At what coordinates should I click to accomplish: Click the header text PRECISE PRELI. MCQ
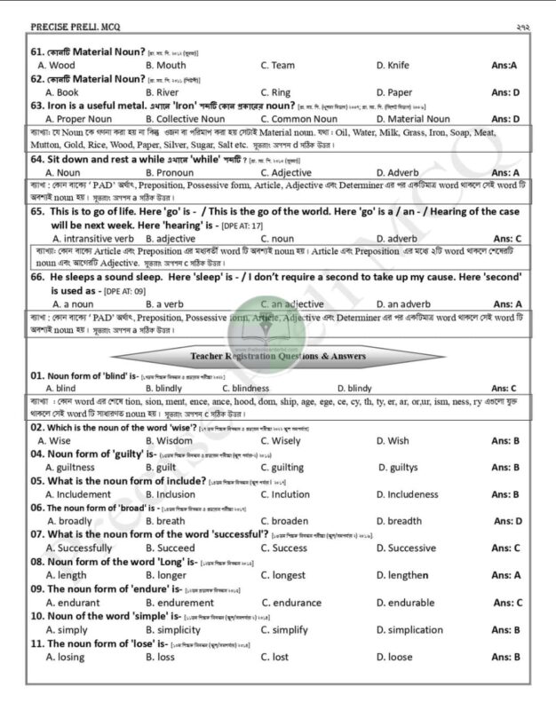coord(69,28)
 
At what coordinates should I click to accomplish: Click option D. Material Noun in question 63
coord(413,119)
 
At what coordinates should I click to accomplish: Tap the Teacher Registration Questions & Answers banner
coord(278,357)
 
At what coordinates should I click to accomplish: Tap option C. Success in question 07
coord(283,548)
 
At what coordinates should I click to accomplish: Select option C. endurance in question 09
coord(291,603)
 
